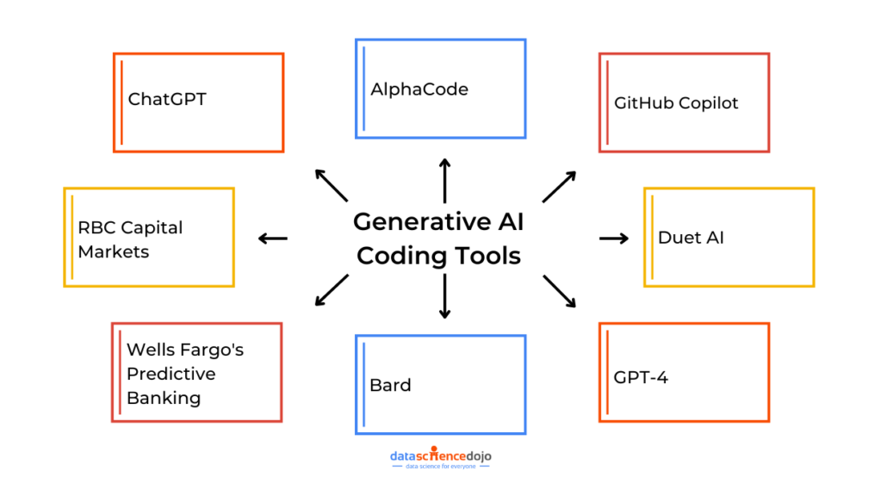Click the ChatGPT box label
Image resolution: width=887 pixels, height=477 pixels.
[167, 99]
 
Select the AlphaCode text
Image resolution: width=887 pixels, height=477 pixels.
[419, 89]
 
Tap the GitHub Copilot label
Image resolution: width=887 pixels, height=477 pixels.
[676, 102]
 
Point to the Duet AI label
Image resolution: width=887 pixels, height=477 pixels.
[691, 238]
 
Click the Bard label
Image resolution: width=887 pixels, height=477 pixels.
[390, 384]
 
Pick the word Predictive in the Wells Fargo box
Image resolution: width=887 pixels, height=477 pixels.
[171, 374]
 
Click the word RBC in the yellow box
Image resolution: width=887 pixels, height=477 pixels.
[96, 228]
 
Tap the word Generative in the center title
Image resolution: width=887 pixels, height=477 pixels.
[413, 222]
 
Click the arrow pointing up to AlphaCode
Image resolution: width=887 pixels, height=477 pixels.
[444, 180]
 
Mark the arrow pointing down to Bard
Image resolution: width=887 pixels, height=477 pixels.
[444, 297]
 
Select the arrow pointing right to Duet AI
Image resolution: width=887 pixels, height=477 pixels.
[614, 238]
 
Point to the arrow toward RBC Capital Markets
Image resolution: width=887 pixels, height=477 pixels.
[273, 238]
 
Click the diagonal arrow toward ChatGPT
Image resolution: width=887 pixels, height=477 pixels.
[331, 184]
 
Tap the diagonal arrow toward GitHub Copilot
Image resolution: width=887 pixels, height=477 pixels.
[559, 186]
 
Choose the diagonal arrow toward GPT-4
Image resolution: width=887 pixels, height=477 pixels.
[559, 292]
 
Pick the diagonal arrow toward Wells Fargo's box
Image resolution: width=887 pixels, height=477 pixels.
[332, 290]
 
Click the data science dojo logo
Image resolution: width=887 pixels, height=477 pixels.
[442, 457]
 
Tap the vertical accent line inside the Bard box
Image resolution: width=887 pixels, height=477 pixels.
[363, 383]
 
